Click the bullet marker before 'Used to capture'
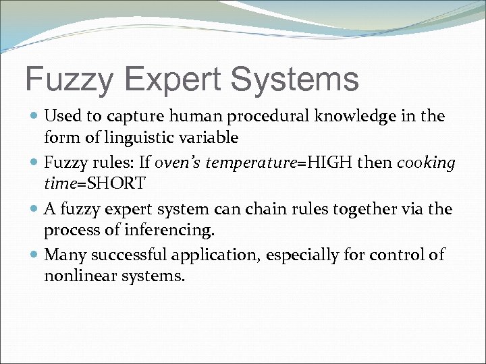coord(34,117)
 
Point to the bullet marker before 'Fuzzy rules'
coord(34,163)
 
